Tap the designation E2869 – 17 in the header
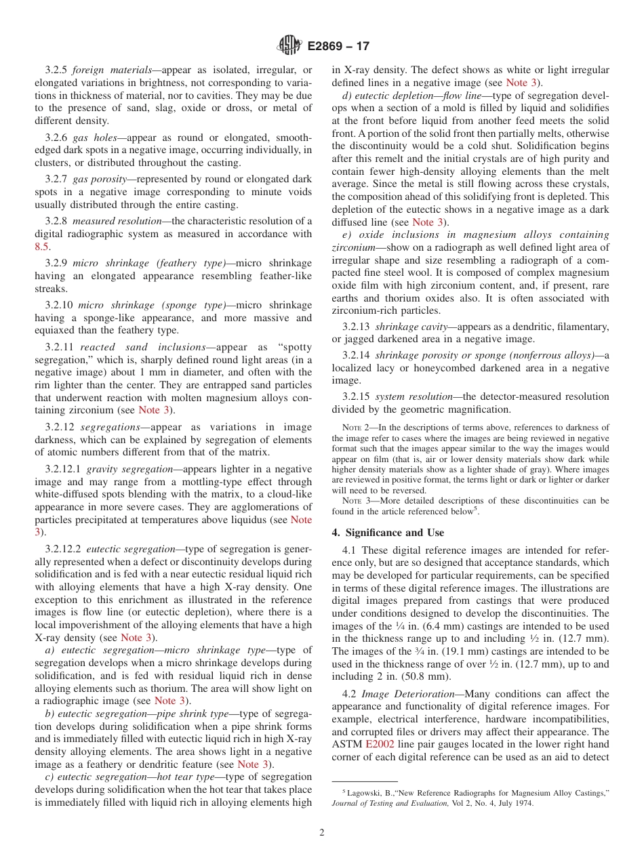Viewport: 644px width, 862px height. click(x=338, y=46)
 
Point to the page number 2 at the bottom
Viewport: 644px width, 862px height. click(x=322, y=833)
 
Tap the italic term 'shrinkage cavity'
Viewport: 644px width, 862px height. click(x=410, y=327)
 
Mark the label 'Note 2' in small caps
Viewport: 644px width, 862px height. click(x=355, y=428)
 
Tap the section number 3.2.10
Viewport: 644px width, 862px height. click(x=59, y=306)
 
